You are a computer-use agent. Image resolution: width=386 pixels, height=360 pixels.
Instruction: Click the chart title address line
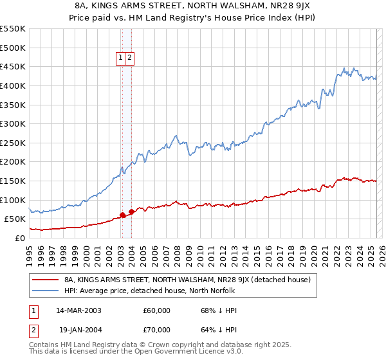193,6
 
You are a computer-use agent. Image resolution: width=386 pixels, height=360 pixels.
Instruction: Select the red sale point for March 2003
122,215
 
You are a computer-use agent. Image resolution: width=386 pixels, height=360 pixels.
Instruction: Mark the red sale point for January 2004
131,212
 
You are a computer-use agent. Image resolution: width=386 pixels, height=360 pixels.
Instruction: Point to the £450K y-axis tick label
13,67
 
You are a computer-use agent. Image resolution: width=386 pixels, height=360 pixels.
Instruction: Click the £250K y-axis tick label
13,143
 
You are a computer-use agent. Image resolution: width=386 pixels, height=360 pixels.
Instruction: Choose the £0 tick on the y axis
21,238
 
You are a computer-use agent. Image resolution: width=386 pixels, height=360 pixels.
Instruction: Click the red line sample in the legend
45,280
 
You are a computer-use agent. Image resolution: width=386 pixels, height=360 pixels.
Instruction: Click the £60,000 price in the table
156,310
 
